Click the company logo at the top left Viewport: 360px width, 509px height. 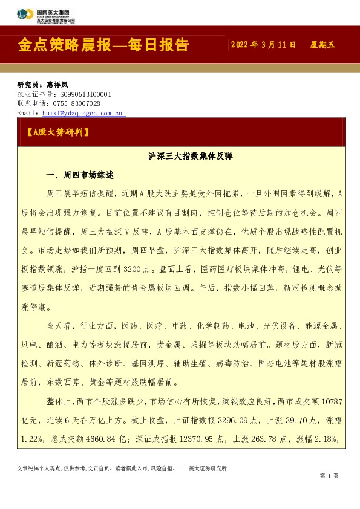pos(45,16)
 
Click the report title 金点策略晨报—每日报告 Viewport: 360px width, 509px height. pos(103,45)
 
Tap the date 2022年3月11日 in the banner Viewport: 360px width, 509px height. pos(263,45)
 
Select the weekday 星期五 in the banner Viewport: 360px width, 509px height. pos(322,45)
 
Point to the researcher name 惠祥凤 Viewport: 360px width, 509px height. pos(57,85)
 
